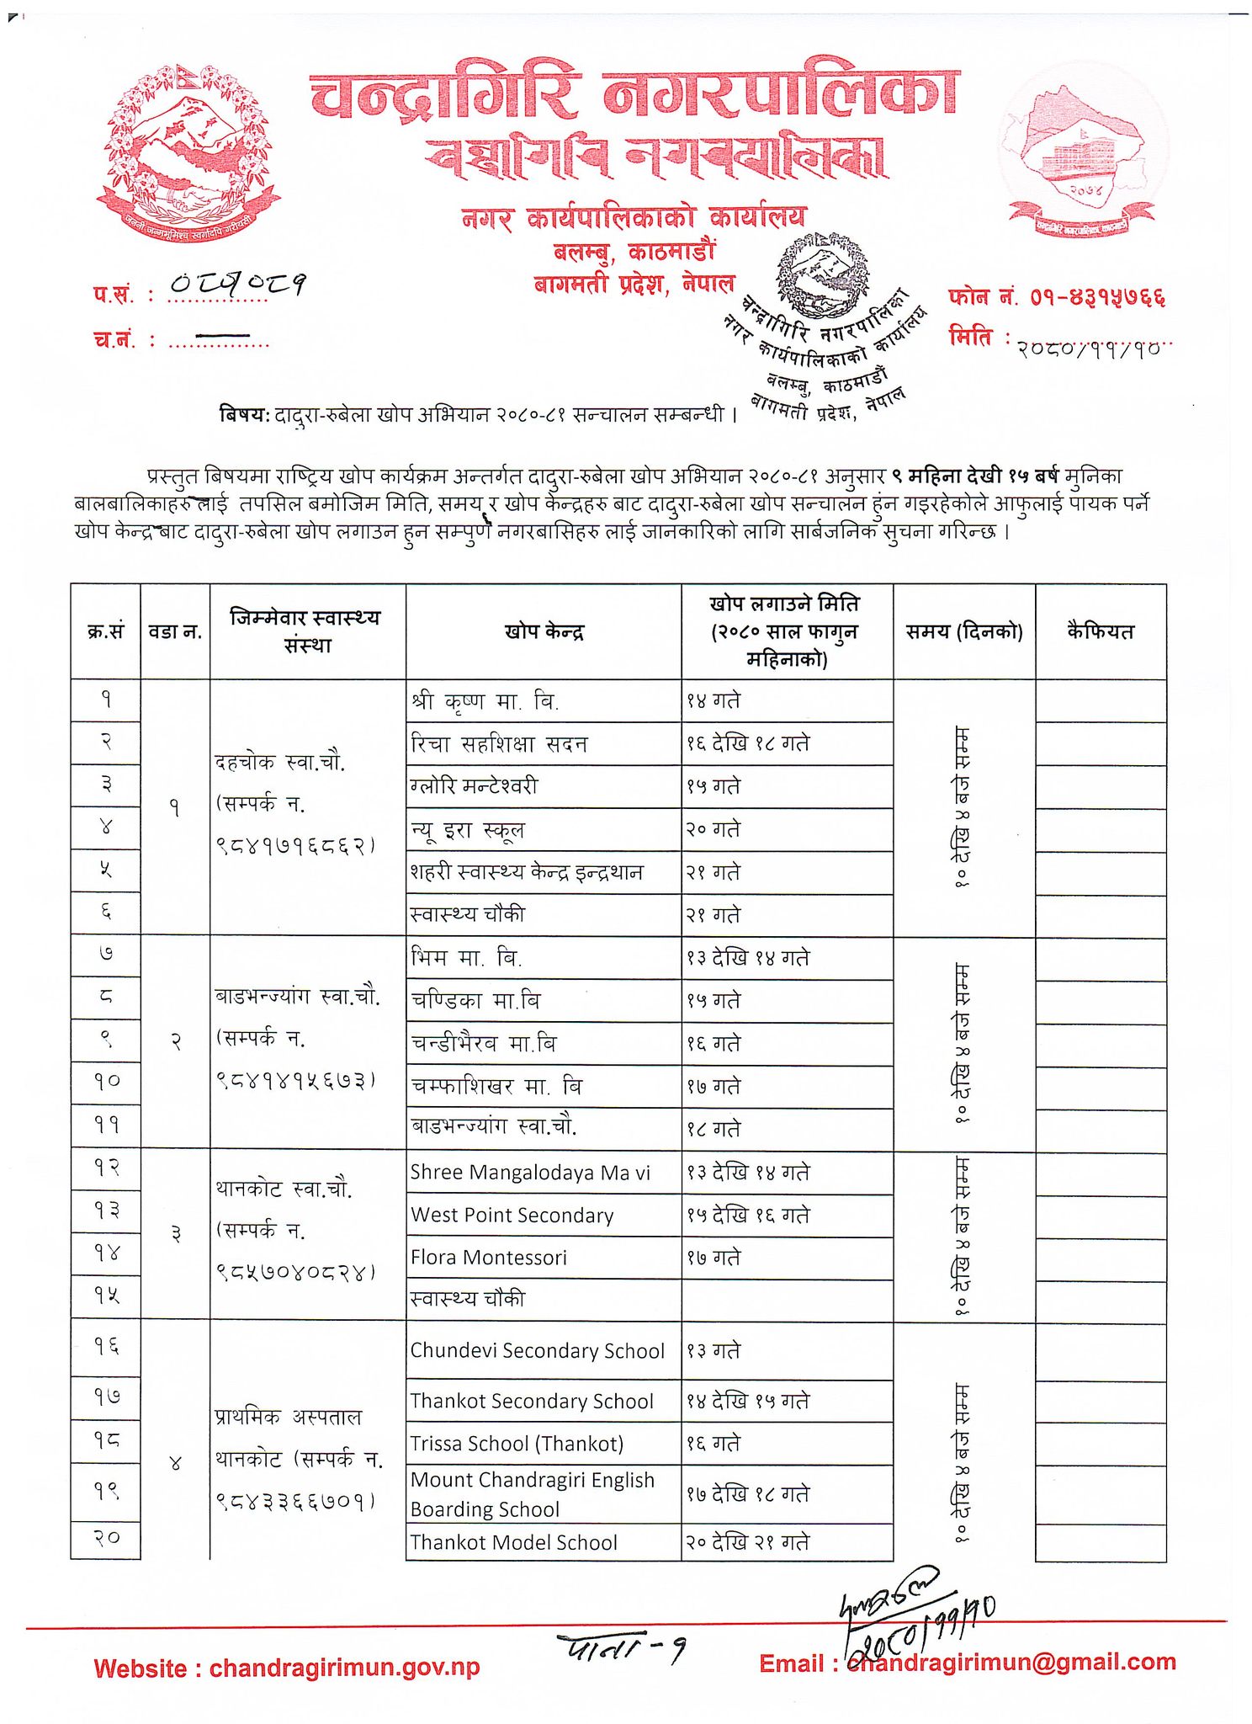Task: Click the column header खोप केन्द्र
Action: [x=544, y=631]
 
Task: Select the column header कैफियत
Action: [x=1100, y=631]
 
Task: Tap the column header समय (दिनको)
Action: [x=963, y=631]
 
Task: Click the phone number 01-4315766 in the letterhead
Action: [x=1098, y=296]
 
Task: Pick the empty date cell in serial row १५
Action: [x=787, y=1300]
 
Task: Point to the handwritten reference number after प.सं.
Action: [x=237, y=284]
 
